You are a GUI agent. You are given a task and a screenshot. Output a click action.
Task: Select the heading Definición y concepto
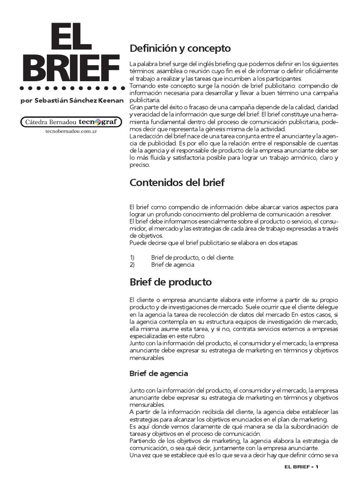[x=180, y=48]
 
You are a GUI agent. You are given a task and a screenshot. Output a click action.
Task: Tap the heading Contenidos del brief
[x=177, y=183]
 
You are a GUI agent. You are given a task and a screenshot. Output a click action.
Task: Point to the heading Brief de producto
[x=170, y=282]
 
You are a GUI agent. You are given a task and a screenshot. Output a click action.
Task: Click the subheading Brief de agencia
[x=158, y=374]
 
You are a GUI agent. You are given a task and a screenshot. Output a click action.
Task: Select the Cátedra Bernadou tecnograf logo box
[x=68, y=122]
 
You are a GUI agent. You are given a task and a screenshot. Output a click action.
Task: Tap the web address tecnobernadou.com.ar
[x=68, y=132]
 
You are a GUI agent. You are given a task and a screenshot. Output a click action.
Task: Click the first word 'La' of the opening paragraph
[x=132, y=64]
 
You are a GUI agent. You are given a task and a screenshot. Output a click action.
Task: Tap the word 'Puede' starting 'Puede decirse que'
[x=137, y=243]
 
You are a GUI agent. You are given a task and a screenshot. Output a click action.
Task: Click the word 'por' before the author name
[x=27, y=101]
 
